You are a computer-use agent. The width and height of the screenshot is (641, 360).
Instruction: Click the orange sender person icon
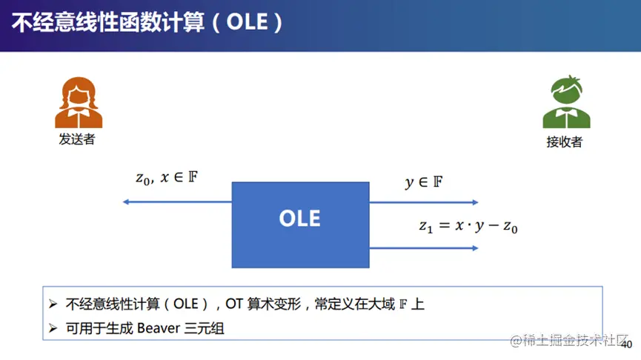pyautogui.click(x=79, y=102)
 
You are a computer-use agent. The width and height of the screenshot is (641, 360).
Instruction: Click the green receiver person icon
pyautogui.click(x=567, y=101)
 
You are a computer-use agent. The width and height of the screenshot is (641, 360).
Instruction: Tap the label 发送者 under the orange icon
pyautogui.click(x=77, y=139)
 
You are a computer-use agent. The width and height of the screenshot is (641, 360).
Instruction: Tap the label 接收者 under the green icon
pyautogui.click(x=564, y=141)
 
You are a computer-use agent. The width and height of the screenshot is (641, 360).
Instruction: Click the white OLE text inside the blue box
pyautogui.click(x=299, y=219)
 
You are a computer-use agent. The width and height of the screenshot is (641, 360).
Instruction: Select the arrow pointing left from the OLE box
pyautogui.click(x=177, y=202)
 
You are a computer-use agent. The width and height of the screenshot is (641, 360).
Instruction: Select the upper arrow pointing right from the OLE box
pyautogui.click(x=424, y=202)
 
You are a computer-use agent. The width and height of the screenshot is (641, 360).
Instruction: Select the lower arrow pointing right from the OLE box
pyautogui.click(x=424, y=248)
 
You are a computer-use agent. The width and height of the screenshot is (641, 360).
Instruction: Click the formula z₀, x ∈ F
pyautogui.click(x=167, y=178)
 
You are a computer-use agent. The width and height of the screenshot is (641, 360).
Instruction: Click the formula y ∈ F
pyautogui.click(x=424, y=181)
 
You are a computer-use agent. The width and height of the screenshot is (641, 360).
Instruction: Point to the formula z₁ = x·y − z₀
pyautogui.click(x=468, y=226)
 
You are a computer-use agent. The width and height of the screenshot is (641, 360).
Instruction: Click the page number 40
pyautogui.click(x=626, y=344)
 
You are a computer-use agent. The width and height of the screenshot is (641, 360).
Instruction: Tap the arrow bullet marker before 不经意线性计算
pyautogui.click(x=53, y=304)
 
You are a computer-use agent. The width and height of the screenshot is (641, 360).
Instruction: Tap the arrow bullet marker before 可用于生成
pyautogui.click(x=53, y=328)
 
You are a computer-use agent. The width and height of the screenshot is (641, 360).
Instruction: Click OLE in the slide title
pyautogui.click(x=248, y=22)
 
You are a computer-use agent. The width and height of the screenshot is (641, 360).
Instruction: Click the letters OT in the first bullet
pyautogui.click(x=235, y=304)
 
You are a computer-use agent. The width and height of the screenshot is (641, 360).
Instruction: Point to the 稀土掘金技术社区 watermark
pyautogui.click(x=569, y=340)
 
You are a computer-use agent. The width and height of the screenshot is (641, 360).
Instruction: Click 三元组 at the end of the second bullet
pyautogui.click(x=205, y=328)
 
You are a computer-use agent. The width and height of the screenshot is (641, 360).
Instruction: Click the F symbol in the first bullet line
pyautogui.click(x=403, y=304)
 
